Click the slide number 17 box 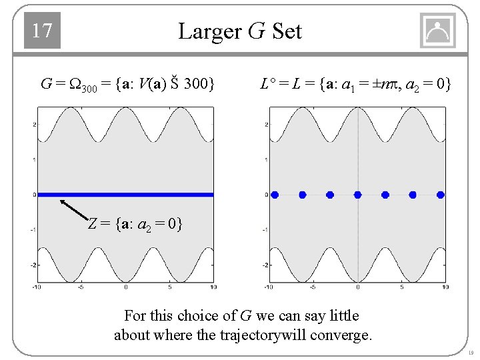click(x=42, y=31)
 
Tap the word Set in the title click(x=287, y=31)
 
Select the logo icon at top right click(x=437, y=31)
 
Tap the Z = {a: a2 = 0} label click(x=135, y=223)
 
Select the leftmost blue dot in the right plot click(x=275, y=195)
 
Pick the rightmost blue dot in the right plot click(x=440, y=195)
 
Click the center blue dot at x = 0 click(x=357, y=195)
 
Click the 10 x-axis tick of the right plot click(x=445, y=287)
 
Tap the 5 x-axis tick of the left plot click(x=170, y=287)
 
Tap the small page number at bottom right click(x=469, y=353)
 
